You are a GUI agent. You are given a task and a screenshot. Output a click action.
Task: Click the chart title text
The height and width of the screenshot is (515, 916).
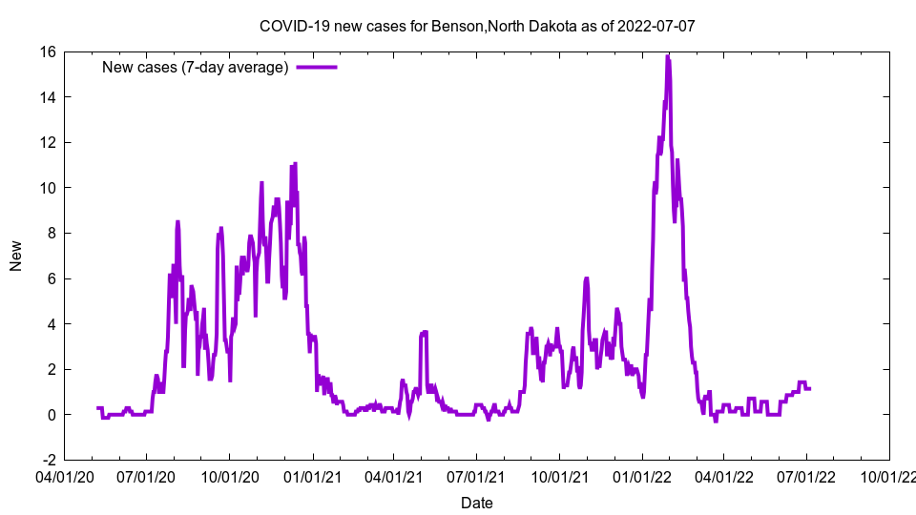coord(477,26)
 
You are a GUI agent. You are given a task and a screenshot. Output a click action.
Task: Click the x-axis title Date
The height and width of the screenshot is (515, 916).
coord(477,503)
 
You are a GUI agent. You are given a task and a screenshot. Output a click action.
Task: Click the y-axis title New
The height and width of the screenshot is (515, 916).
coord(16,256)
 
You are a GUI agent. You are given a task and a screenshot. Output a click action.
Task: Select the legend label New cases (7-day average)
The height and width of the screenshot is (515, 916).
coord(195,67)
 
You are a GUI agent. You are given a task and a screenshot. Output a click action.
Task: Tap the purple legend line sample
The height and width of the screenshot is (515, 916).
coord(317,67)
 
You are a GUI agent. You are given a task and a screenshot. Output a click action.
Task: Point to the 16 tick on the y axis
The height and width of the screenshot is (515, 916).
coord(47,51)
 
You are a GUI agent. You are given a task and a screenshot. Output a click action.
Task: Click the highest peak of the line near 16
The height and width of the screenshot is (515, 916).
coord(668,57)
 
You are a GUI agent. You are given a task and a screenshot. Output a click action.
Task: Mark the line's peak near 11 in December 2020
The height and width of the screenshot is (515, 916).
coord(295,163)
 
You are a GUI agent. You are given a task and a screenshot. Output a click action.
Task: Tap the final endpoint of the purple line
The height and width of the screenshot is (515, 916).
coord(810,388)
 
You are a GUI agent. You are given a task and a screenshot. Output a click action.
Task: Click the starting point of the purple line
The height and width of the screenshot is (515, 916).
coord(97,408)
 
